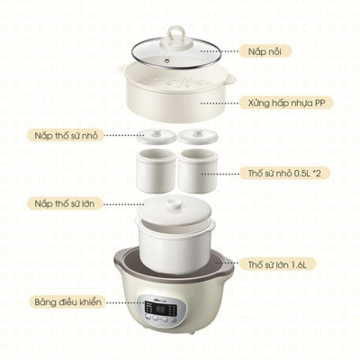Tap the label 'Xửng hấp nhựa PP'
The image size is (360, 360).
click(x=286, y=103)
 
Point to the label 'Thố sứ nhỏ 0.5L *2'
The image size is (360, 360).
click(x=285, y=170)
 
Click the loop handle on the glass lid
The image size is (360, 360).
click(x=175, y=31)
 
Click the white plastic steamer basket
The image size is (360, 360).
click(x=175, y=101)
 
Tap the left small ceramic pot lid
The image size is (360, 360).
click(x=153, y=138)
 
